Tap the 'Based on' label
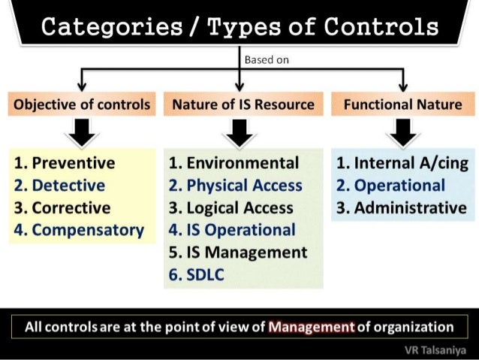[x=264, y=59]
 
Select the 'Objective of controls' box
[x=80, y=104]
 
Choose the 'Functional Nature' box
[x=402, y=104]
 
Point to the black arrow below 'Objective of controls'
[x=80, y=133]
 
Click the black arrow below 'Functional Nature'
[x=403, y=133]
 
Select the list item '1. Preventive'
[x=65, y=163]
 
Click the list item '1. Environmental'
[x=233, y=163]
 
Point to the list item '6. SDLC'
[x=197, y=275]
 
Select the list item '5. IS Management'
[x=238, y=253]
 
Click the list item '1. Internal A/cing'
[x=402, y=163]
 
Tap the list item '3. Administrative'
[x=402, y=207]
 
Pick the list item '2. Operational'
[x=390, y=186]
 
